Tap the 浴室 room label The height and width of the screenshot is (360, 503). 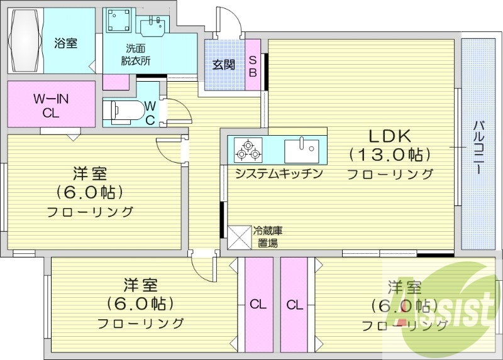coord(66,44)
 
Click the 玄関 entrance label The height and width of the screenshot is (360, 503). coord(223,64)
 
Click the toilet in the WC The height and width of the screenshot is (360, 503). coord(126,111)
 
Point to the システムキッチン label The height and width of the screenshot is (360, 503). coord(279,173)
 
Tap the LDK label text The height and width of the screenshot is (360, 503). coord(389,135)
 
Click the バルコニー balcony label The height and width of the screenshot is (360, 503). coord(478,144)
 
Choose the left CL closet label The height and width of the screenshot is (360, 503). coord(258,305)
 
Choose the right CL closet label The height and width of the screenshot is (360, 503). coord(294,305)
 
